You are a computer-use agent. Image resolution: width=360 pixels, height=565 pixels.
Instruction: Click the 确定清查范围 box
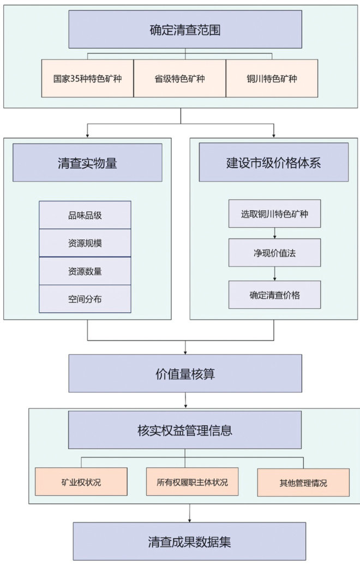coord(185,29)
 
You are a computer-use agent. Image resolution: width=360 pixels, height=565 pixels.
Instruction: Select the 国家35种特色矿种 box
coord(87,78)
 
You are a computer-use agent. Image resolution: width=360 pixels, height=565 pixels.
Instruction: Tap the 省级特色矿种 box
coord(179,78)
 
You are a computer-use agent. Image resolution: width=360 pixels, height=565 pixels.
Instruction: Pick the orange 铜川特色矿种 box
coord(272,78)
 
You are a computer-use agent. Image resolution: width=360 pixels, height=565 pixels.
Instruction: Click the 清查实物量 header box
coord(87,163)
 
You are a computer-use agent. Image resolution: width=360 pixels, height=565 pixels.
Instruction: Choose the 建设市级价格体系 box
coord(273,162)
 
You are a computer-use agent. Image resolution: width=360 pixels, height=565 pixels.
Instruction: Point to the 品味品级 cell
coord(85,215)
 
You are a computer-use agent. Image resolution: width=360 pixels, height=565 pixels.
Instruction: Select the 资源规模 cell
coord(85,243)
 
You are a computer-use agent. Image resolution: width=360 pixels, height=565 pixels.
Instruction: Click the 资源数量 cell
coord(85,271)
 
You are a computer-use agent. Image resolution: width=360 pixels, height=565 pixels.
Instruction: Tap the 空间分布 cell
coord(85,299)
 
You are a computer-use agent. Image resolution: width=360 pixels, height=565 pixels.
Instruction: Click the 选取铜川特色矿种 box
coord(274,213)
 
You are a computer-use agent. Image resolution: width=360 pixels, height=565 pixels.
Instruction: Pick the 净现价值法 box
coord(274,253)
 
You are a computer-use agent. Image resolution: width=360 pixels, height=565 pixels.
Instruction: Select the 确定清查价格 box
coord(274,295)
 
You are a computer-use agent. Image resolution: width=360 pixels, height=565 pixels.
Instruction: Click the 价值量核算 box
coord(185,373)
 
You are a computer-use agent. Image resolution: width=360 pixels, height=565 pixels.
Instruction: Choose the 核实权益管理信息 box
coord(185,430)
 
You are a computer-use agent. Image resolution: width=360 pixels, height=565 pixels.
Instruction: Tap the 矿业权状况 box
coord(81,482)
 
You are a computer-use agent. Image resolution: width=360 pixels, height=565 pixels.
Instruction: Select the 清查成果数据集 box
coord(189,542)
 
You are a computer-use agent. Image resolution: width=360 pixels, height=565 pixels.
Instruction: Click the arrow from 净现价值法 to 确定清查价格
coord(274,273)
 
